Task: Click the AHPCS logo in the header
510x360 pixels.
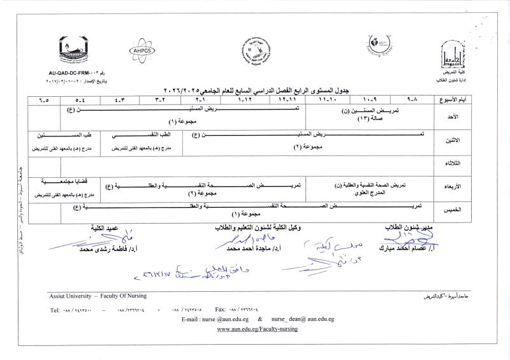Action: [x=142, y=49]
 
